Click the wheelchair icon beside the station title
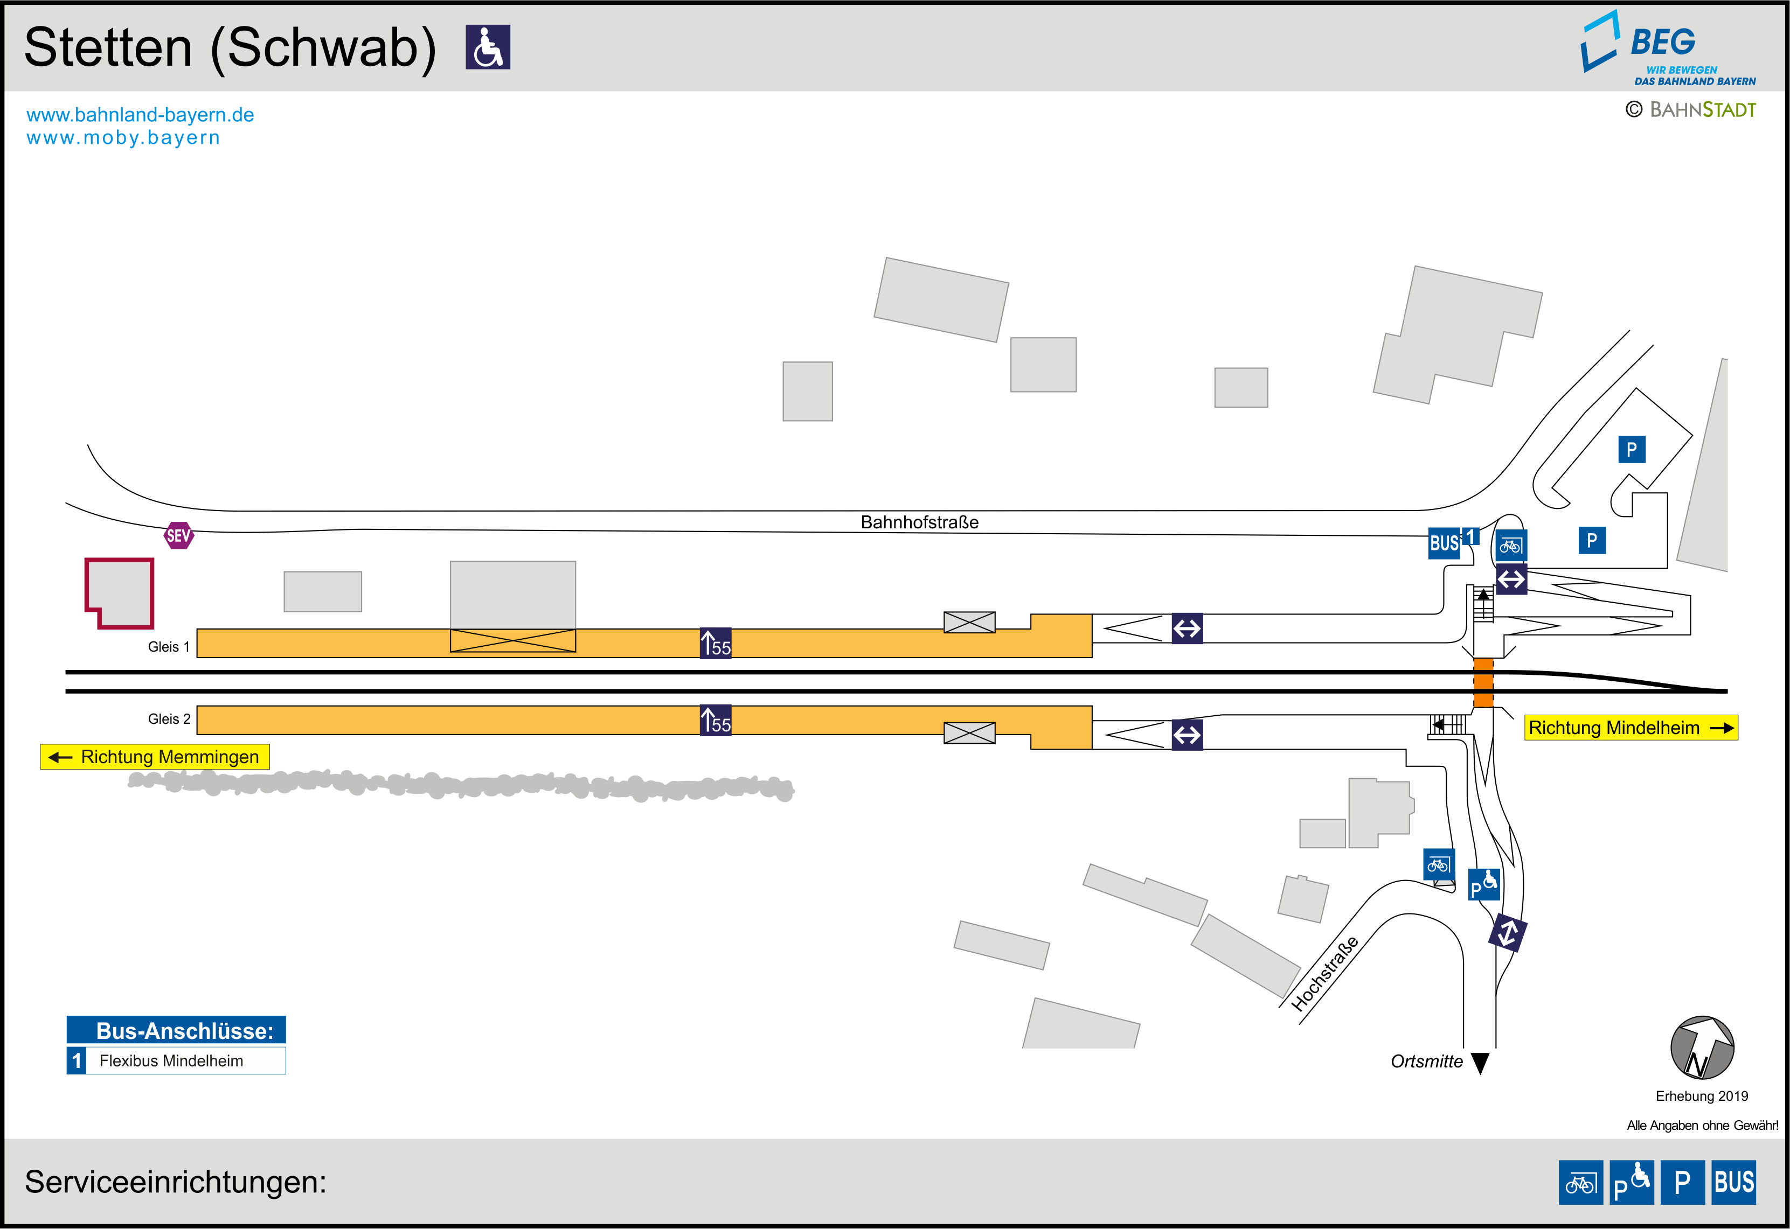488,47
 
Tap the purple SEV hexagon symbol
179,535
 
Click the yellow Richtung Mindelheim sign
1631,728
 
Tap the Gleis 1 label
169,647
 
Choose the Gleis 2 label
169,718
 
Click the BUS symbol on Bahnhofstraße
1444,543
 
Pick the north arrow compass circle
1702,1048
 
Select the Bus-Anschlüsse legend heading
176,1030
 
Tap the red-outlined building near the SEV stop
120,591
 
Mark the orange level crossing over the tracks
1483,682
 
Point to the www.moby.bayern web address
123,138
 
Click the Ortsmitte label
1426,1061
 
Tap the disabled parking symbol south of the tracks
1483,884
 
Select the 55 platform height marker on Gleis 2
716,721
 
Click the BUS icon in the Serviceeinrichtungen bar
1734,1182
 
